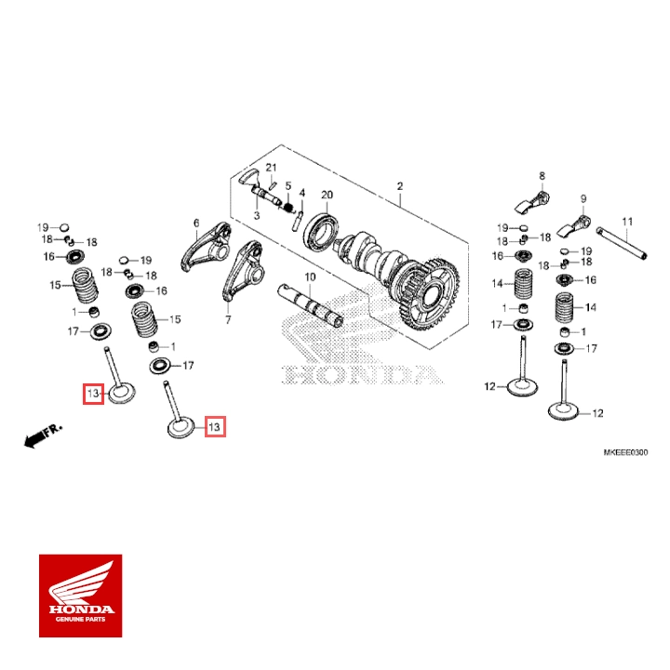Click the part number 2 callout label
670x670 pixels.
[x=399, y=186]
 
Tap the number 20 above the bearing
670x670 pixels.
[x=327, y=194]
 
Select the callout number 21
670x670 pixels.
[x=272, y=167]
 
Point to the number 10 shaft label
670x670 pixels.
[x=310, y=277]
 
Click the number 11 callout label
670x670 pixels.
[x=627, y=221]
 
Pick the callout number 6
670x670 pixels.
[x=197, y=223]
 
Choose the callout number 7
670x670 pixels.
[x=227, y=319]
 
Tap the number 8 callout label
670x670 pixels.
[x=540, y=175]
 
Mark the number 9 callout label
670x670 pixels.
[x=583, y=198]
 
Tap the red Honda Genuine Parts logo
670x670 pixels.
[x=80, y=596]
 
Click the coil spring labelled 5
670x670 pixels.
[x=288, y=206]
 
